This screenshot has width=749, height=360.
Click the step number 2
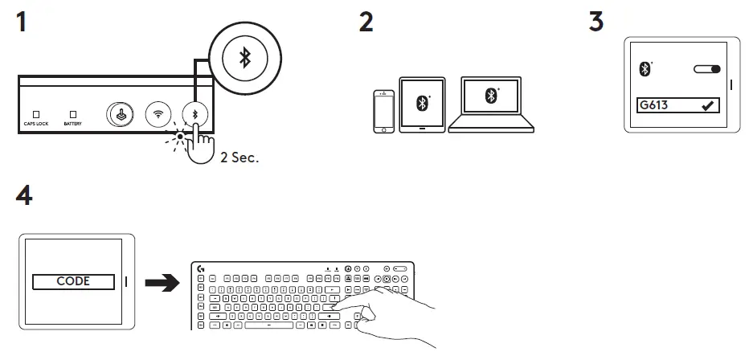coord(366,22)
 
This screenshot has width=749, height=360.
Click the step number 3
coord(596,22)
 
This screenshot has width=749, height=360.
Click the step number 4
coord(24,195)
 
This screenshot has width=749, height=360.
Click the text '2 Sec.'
coord(239,158)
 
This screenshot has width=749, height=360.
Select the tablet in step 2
coord(421,103)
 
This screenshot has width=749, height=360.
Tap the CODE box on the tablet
coord(72,281)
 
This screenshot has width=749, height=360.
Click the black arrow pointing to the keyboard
coord(161,282)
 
